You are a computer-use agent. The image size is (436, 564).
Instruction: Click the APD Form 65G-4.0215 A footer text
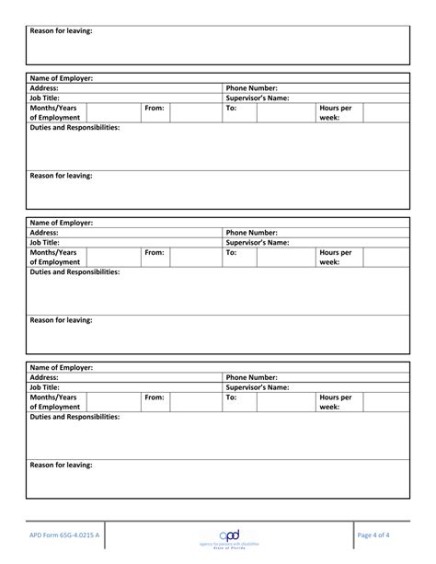point(65,534)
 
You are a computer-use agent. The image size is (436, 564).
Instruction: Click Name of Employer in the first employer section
point(61,78)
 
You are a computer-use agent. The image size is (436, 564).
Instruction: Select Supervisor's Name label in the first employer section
point(258,98)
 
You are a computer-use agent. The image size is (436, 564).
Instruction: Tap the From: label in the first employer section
point(154,109)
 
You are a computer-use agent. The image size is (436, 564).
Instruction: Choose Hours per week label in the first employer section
point(335,113)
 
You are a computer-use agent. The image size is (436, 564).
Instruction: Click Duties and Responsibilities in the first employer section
point(75,128)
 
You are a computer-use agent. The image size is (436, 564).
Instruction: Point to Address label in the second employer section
point(44,233)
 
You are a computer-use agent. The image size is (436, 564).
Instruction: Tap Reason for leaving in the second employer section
point(61,320)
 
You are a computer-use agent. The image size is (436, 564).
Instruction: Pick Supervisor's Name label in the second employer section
point(258,243)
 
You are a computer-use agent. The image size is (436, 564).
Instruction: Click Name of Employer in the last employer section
point(61,367)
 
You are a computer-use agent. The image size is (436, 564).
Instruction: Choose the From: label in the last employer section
point(154,397)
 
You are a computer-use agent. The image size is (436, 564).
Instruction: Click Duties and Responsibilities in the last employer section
point(75,417)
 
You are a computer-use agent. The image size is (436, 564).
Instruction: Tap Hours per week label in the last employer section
point(335,402)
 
